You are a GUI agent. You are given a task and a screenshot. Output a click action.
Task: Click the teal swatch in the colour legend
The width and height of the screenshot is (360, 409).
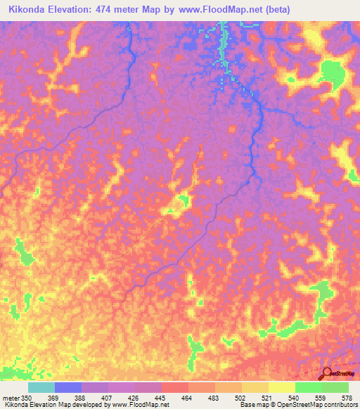(41, 387)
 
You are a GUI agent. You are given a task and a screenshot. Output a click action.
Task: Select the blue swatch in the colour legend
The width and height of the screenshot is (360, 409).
(68, 387)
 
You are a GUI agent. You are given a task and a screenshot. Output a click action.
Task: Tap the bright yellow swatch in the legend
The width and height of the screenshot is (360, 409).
(282, 387)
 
